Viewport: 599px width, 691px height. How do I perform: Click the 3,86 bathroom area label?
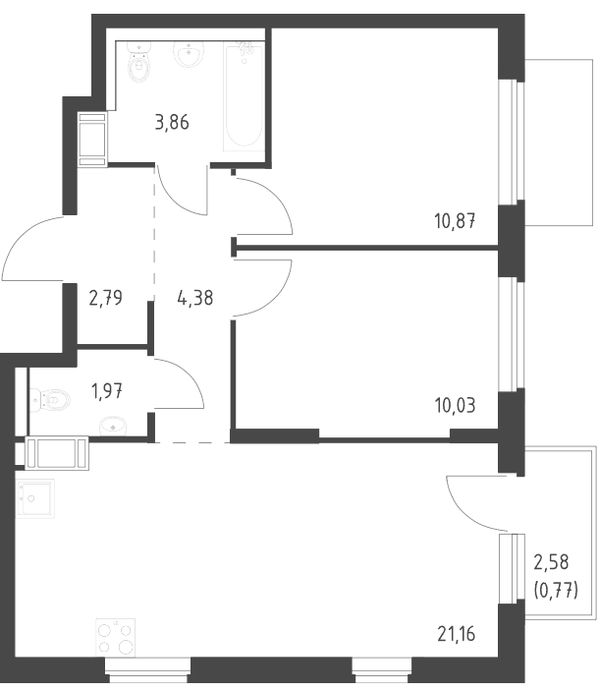point(172,123)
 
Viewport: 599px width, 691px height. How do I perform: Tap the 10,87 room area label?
point(455,221)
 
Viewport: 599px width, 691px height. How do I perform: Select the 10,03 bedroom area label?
point(455,405)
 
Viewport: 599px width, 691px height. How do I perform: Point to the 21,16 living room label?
point(457,634)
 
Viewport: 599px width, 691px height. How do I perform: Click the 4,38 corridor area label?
point(195,298)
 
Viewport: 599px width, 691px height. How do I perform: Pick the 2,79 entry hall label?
point(106,298)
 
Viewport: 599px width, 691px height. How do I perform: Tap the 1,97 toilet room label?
point(106,390)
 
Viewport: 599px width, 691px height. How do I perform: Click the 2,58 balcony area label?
point(551,562)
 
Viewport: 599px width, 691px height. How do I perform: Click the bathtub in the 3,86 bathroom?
point(245,96)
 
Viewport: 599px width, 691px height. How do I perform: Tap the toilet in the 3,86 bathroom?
point(139,62)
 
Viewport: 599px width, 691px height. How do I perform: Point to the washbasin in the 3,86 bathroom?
point(190,53)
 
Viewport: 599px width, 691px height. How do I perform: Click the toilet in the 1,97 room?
point(51,400)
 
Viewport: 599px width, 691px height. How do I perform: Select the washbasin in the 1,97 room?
point(114,426)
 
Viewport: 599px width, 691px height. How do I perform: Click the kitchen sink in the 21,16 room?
point(35,498)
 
